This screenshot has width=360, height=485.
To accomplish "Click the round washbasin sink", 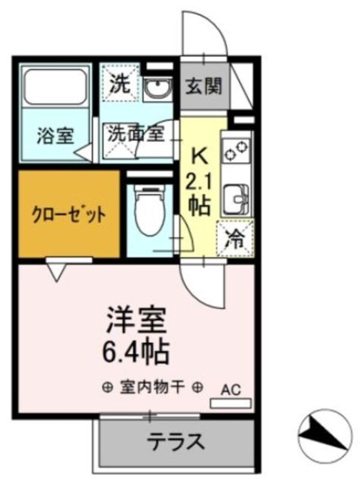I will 159,89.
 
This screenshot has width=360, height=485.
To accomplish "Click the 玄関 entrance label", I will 203,86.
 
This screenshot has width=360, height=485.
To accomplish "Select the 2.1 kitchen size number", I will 200,180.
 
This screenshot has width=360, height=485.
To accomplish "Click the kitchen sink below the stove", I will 236,196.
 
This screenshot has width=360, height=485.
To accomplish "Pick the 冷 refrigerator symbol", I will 235,239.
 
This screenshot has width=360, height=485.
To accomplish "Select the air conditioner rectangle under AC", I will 231,403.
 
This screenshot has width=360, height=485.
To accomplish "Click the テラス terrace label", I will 176,442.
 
